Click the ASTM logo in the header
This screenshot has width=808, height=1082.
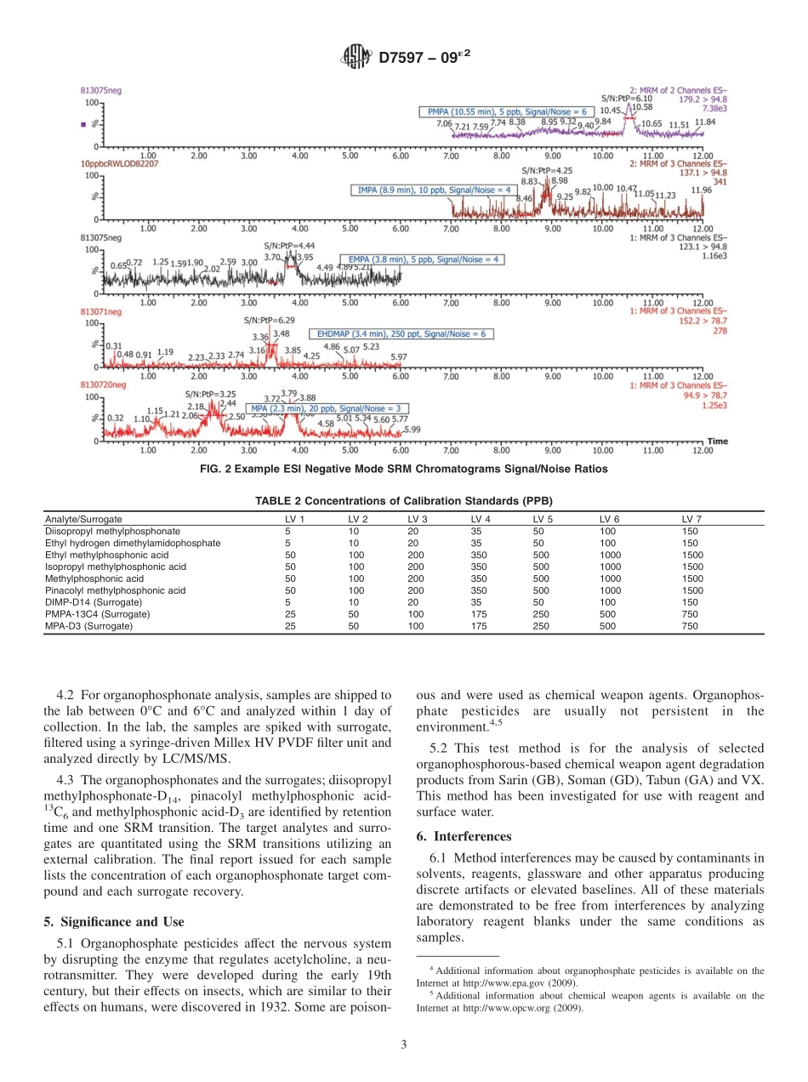point(356,58)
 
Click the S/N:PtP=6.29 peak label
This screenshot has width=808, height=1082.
point(264,321)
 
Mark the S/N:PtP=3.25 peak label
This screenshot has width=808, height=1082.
point(210,394)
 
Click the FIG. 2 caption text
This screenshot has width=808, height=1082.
point(403,469)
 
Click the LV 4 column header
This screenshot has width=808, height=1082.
point(481,519)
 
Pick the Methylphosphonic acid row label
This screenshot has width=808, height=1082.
point(94,578)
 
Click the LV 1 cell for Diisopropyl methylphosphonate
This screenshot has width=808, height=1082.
point(288,531)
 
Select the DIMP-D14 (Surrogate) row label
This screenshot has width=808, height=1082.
point(94,602)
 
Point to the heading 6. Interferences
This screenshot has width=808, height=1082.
point(464,836)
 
